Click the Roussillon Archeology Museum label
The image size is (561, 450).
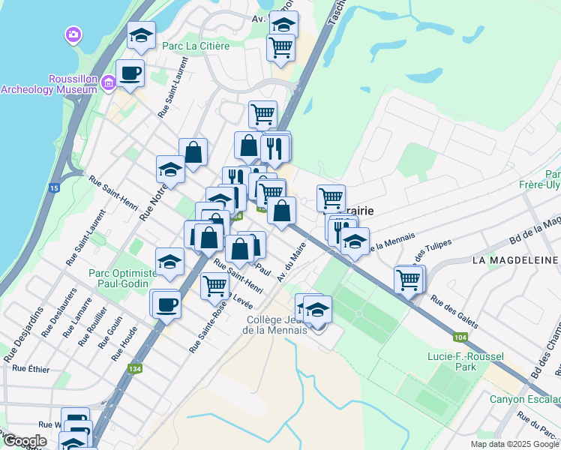point(49,84)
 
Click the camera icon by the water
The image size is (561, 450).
point(73,34)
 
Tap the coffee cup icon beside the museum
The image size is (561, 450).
point(130,73)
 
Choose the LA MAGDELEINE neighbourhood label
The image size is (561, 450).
point(515,260)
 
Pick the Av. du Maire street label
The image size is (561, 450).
point(292,262)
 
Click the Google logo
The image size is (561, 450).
point(25,441)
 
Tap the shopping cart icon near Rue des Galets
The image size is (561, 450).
point(408,280)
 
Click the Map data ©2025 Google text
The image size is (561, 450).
point(513,444)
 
